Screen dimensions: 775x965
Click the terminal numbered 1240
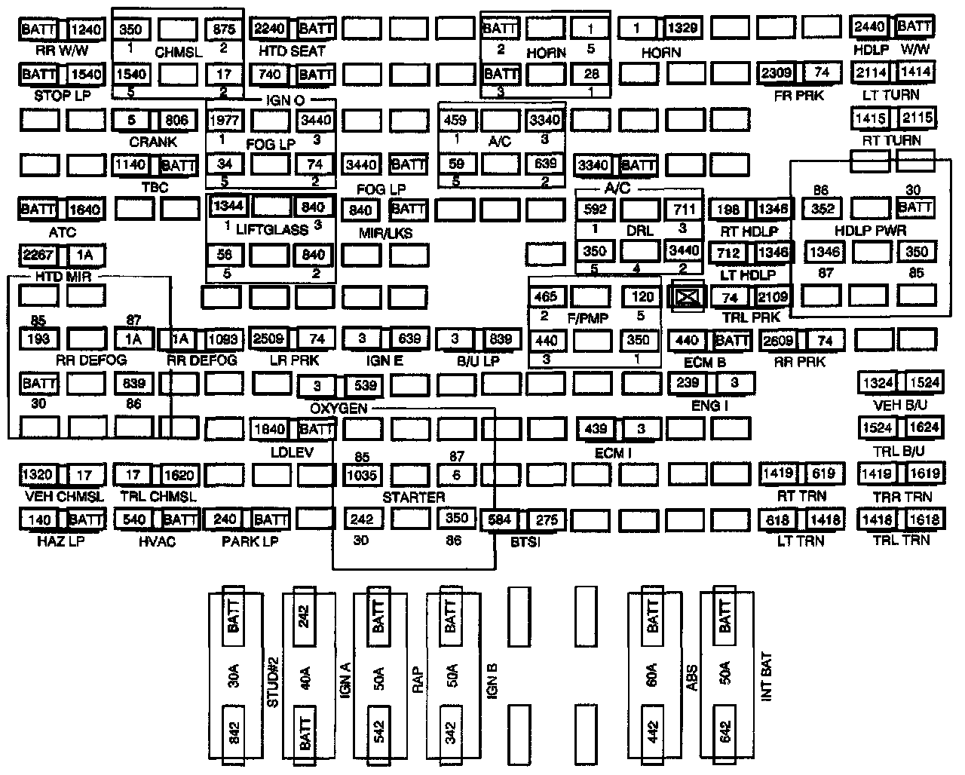pos(85,29)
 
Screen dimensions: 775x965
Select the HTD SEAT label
pos(292,51)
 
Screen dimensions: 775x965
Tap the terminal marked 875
pos(225,29)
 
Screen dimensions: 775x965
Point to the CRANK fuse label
pos(153,141)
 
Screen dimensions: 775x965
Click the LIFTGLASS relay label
pos(271,229)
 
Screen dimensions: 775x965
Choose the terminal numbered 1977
pos(225,120)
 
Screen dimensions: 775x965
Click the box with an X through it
pos(687,297)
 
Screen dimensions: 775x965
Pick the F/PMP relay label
pos(587,318)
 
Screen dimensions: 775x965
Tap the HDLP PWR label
pos(871,231)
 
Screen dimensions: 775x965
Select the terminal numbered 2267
pos(38,255)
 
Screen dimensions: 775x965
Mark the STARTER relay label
pos(413,497)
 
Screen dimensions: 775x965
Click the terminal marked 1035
pos(363,476)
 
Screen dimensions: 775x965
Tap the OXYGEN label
pos(339,409)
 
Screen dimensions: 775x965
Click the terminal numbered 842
pos(233,729)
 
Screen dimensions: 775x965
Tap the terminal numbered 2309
pos(777,73)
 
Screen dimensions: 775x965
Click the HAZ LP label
pos(61,541)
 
